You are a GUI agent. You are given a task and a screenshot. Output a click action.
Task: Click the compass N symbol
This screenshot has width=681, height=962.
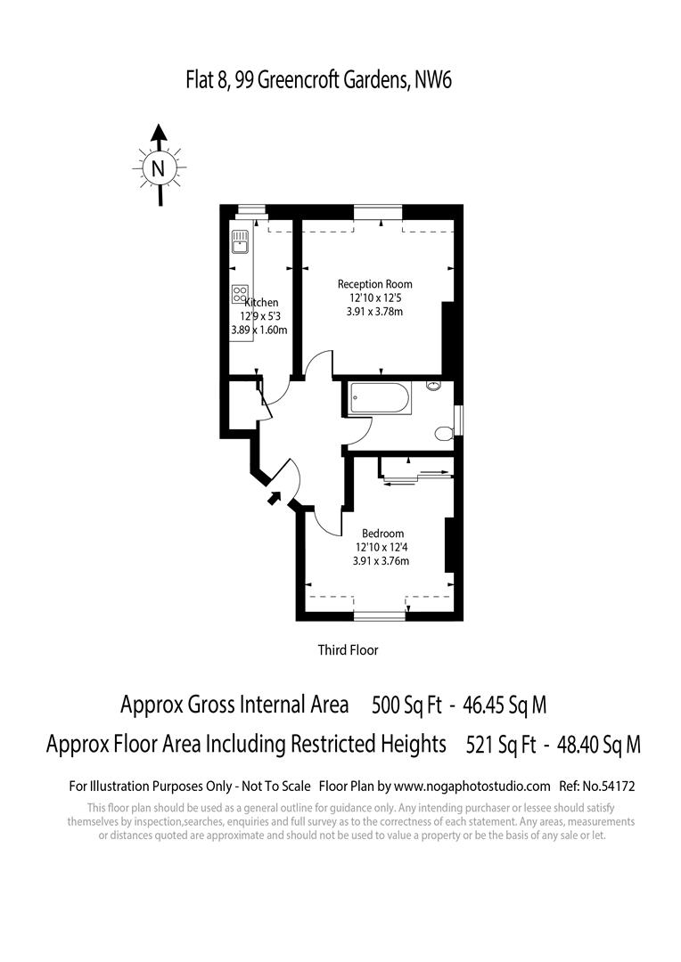(159, 167)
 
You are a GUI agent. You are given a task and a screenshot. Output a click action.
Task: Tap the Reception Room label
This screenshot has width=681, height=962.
(374, 284)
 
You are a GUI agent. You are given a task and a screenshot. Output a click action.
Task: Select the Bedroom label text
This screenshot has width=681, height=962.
(382, 534)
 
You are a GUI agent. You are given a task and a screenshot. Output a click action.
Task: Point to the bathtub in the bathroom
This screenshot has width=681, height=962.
(380, 397)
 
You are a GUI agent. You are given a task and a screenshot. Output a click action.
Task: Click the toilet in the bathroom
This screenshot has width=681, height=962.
(442, 434)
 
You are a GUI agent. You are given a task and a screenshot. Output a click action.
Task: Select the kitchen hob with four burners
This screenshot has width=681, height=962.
(240, 293)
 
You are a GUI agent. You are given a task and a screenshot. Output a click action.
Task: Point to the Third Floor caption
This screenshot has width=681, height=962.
(349, 650)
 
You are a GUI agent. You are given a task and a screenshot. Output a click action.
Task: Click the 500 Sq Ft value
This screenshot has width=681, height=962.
(406, 706)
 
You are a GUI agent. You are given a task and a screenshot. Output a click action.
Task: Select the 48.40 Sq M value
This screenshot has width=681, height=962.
(598, 745)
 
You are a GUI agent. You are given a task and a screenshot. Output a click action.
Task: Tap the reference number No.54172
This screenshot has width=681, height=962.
(610, 787)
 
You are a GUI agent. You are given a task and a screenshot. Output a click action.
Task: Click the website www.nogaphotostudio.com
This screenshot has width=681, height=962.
(472, 787)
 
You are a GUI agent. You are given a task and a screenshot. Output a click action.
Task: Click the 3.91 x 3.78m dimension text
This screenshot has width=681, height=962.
(374, 312)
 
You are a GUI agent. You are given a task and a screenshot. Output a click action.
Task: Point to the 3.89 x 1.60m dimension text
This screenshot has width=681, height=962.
(258, 330)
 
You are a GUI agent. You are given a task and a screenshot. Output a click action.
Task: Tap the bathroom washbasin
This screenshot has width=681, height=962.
(434, 386)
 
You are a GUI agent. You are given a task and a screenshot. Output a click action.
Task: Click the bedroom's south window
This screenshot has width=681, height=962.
(380, 615)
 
